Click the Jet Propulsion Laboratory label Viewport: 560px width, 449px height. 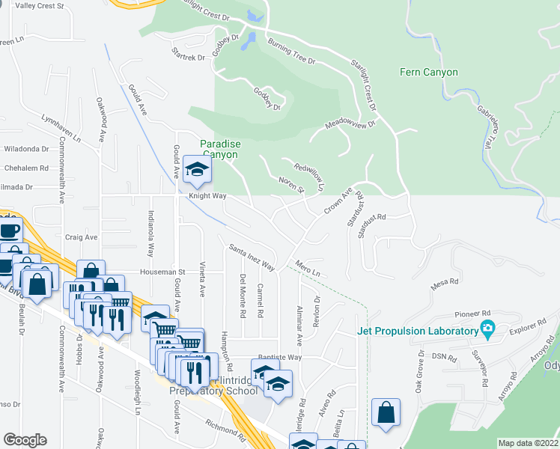point(418,331)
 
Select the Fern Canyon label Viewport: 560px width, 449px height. point(429,73)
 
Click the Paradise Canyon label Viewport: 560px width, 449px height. point(219,149)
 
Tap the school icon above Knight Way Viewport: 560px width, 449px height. point(196,171)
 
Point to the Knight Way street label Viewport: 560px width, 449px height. point(207,196)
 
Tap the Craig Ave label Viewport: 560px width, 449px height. point(81,236)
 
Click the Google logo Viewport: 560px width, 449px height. point(25,439)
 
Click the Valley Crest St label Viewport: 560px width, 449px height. point(41,5)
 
